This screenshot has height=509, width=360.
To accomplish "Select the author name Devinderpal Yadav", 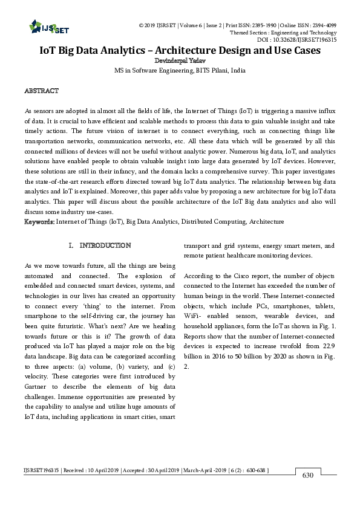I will pyautogui.click(x=180, y=60).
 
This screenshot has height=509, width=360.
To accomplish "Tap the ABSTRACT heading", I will pyautogui.click(x=41, y=91).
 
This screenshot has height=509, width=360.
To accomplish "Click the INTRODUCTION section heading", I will pyautogui.click(x=105, y=245).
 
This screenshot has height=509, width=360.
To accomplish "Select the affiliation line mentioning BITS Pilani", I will pyautogui.click(x=180, y=70).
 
